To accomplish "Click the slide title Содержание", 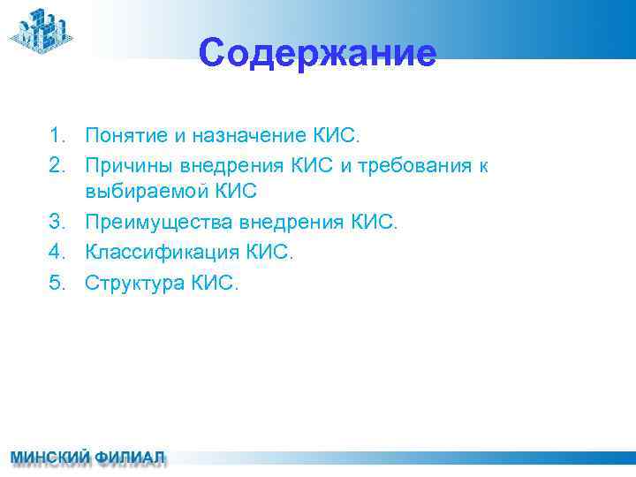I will click(x=317, y=53).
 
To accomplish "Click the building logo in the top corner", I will click(x=41, y=30).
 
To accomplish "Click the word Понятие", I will click(x=123, y=135).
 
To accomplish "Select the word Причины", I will click(x=127, y=164).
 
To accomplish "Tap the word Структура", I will click(x=133, y=283).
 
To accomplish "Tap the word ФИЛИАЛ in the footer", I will click(x=131, y=458).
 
